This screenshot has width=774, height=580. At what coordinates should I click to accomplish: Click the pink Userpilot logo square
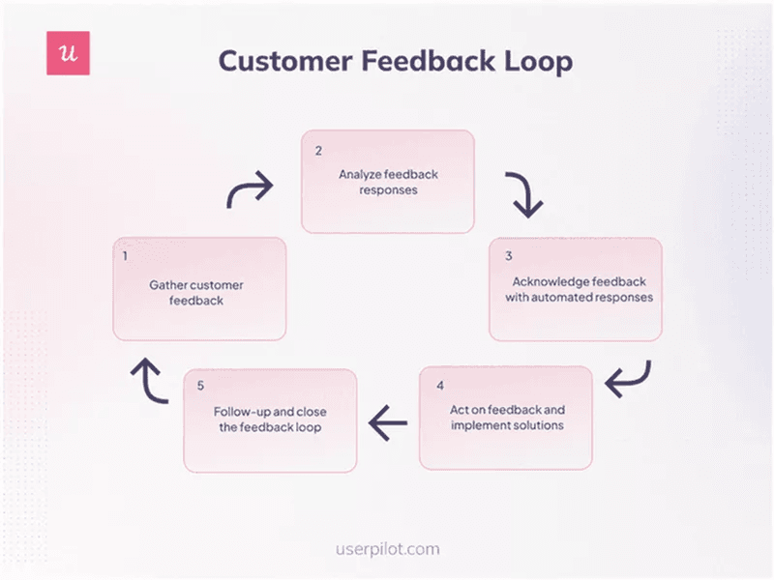point(68,53)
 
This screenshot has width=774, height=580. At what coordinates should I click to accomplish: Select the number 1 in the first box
point(126,257)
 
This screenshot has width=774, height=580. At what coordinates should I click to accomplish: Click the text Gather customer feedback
point(199,293)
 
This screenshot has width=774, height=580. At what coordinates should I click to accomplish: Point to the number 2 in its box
point(318,151)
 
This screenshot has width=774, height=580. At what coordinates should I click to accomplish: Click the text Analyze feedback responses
point(388,183)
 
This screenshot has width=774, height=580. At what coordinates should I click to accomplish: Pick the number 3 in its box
point(507,257)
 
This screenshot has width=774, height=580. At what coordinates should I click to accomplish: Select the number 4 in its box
point(439,385)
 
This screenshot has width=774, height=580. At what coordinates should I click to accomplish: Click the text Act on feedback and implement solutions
point(507,418)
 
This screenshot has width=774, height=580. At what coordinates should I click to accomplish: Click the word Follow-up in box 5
point(244,411)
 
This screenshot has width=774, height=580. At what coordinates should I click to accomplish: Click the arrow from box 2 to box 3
point(524,195)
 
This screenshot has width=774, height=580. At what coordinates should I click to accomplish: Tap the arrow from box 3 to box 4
point(629,379)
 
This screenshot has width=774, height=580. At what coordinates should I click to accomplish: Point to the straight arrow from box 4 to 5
point(389,421)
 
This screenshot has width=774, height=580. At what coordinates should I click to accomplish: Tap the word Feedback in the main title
point(422,61)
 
